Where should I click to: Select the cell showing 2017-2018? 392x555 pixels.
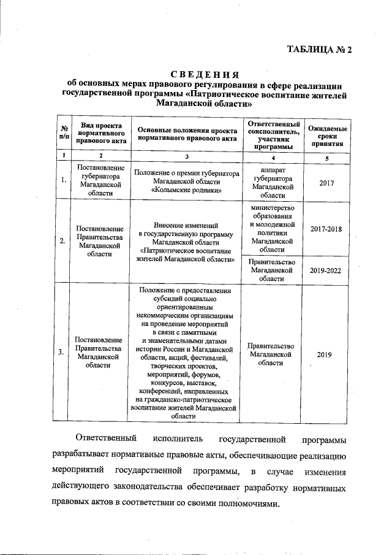tap(325, 229)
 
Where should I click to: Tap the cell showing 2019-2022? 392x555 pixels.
tap(325, 269)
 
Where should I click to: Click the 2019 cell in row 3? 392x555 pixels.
tap(325, 354)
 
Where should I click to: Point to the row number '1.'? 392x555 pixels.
tap(63, 181)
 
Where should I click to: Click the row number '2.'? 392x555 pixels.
tap(63, 241)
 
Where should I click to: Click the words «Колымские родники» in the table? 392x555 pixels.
tap(186, 191)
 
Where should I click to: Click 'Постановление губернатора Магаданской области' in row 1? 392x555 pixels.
tap(98, 181)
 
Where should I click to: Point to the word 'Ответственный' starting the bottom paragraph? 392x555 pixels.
tap(104, 440)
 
